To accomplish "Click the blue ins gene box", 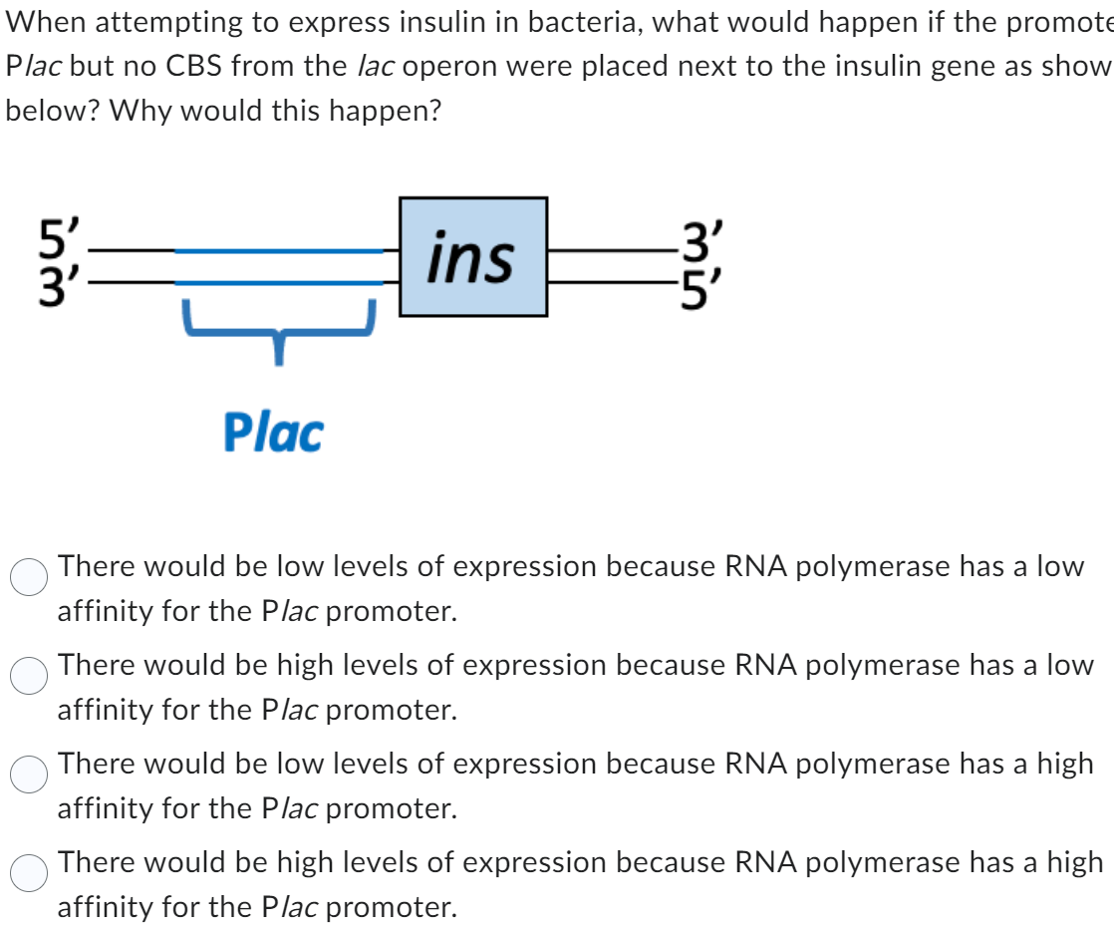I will tap(473, 257).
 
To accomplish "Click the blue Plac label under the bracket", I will tap(273, 434).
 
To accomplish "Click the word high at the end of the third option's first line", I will tap(1065, 765).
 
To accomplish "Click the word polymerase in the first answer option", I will tap(868, 567).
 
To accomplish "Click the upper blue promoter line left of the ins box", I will tap(279, 252).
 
